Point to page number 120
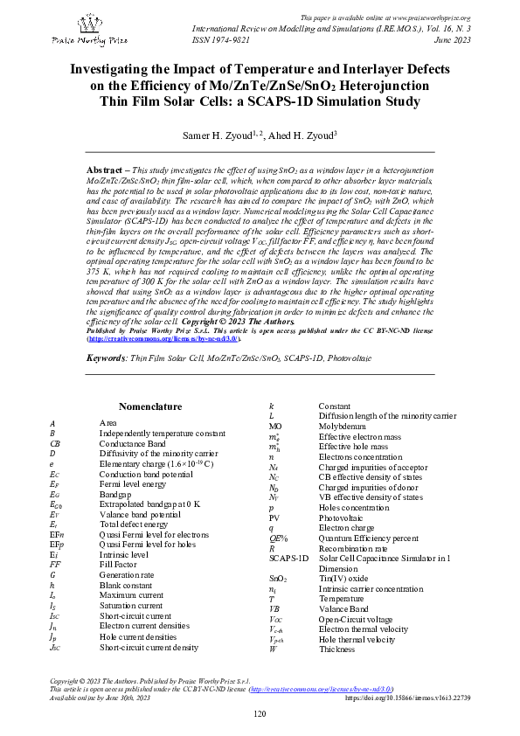pos(260,715)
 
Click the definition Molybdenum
pos(343,439)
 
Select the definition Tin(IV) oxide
pos(343,579)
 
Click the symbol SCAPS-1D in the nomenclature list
pos(288,558)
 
